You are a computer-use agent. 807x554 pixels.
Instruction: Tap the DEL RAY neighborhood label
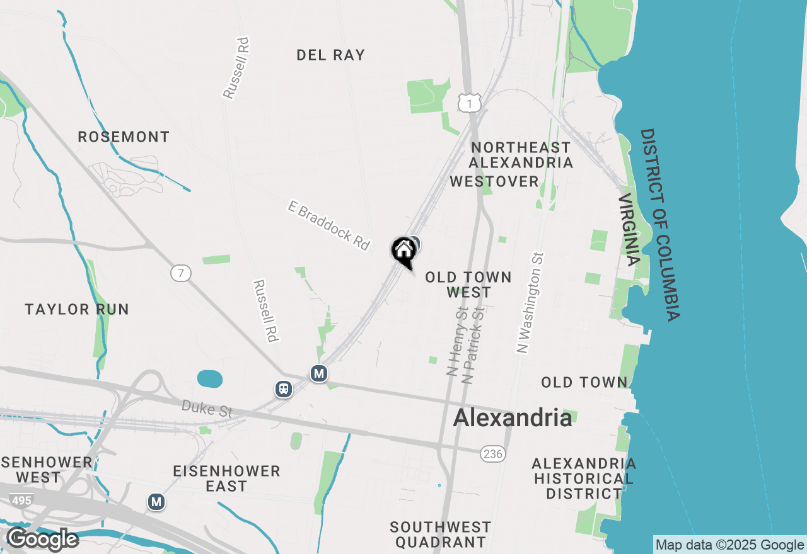[330, 55]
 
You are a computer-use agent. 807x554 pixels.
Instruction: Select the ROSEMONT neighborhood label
[124, 137]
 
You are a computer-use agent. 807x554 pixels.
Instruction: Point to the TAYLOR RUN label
[77, 309]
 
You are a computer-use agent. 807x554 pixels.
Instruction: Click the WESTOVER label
[494, 182]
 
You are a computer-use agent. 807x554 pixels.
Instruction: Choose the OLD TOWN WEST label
[468, 285]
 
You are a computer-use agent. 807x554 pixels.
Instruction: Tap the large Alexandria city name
[513, 418]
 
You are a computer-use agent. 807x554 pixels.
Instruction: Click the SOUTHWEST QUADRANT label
[440, 534]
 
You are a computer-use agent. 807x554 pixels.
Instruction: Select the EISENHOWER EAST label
[226, 478]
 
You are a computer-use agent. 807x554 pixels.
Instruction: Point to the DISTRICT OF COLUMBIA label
[660, 225]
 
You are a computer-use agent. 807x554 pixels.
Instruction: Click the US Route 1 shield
[470, 103]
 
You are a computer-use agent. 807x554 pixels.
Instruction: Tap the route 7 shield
[180, 273]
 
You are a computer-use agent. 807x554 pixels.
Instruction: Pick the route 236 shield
[493, 454]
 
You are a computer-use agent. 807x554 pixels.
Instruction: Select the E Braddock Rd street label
[328, 225]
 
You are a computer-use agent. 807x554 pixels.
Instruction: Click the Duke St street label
[207, 409]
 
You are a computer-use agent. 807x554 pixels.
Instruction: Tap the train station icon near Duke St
[284, 388]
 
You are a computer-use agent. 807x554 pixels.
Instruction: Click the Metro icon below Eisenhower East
[156, 502]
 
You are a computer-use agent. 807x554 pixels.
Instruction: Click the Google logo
[42, 540]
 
